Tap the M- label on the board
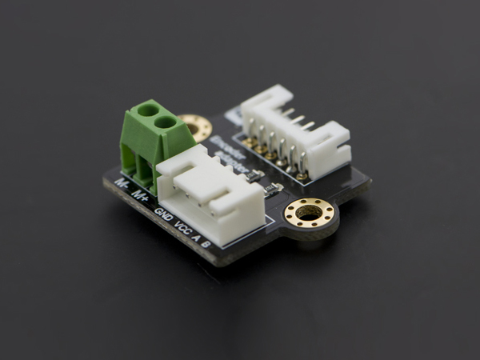[x=122, y=184]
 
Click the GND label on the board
[x=162, y=214]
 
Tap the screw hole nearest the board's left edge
[x=147, y=110]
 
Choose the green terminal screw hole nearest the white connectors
[x=166, y=122]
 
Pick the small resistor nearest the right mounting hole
[x=271, y=189]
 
